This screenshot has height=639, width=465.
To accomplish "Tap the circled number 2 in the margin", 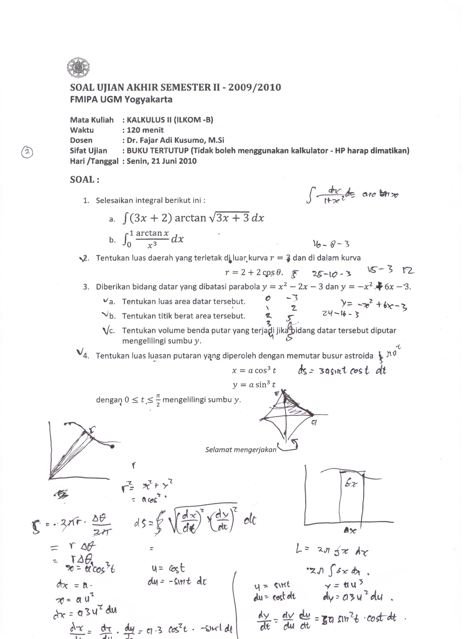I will (27, 152).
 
